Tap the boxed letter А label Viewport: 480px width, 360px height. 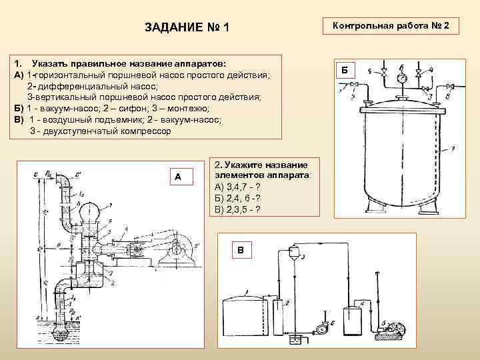tap(177, 177)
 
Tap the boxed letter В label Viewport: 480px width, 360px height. tap(241, 250)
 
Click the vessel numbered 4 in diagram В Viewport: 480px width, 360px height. tap(352, 320)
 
